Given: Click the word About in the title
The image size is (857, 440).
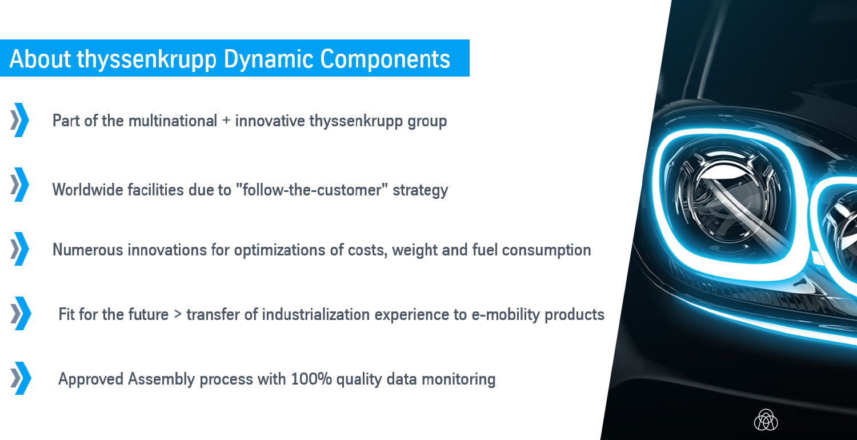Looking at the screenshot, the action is [x=40, y=59].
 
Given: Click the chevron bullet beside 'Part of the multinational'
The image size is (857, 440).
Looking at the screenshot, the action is [x=19, y=120].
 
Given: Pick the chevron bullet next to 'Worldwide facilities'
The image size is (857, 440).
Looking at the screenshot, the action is [x=19, y=185].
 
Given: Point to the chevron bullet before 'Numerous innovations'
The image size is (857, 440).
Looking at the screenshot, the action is [x=19, y=249].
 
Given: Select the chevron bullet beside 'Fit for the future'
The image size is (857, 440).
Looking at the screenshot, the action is [x=21, y=313].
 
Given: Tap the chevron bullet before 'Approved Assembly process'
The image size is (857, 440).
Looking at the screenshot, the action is [x=21, y=378].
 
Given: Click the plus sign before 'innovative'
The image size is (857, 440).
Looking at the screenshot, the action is [x=226, y=121].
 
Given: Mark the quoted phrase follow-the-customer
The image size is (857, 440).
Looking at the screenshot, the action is [x=312, y=190].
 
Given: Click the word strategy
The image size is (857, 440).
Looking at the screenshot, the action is [x=420, y=191].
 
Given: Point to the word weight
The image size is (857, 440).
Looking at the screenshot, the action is [x=414, y=251].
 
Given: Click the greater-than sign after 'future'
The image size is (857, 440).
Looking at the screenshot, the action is [x=178, y=314].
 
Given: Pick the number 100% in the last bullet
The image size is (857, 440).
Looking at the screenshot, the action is [x=311, y=379].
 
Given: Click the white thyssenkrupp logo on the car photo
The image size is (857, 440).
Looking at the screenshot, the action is [x=766, y=420].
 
